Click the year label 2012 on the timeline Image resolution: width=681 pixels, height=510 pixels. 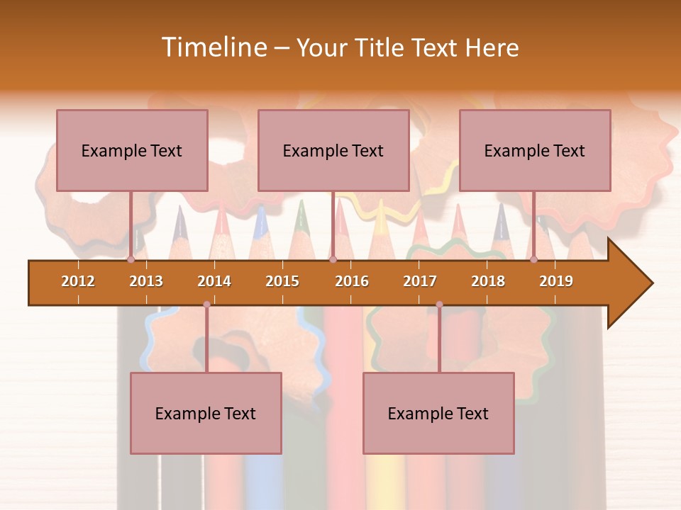[x=78, y=281]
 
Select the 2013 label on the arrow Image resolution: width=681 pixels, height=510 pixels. [x=146, y=281]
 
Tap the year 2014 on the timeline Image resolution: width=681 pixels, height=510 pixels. [x=214, y=281]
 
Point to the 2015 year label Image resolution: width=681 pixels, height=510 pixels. [x=282, y=281]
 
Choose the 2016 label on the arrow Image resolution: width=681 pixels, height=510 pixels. [x=352, y=281]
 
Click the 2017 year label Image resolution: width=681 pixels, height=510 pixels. [x=420, y=281]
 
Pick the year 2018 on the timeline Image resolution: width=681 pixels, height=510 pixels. [x=488, y=281]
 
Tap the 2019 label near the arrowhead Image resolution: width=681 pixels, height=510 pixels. [x=556, y=281]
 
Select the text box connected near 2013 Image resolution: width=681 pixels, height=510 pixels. [x=132, y=150]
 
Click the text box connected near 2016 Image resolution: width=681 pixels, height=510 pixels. [x=333, y=150]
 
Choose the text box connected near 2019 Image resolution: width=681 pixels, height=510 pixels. [x=535, y=150]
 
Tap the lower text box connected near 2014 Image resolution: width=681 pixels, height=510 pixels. [x=206, y=413]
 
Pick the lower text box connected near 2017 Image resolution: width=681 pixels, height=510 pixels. [x=438, y=413]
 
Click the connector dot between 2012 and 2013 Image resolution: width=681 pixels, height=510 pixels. [x=131, y=260]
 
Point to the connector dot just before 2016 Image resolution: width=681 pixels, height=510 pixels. [x=333, y=260]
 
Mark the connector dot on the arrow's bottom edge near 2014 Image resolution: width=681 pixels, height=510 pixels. [x=206, y=305]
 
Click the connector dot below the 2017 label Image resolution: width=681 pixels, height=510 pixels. [x=439, y=305]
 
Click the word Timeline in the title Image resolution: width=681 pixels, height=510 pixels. [x=213, y=47]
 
